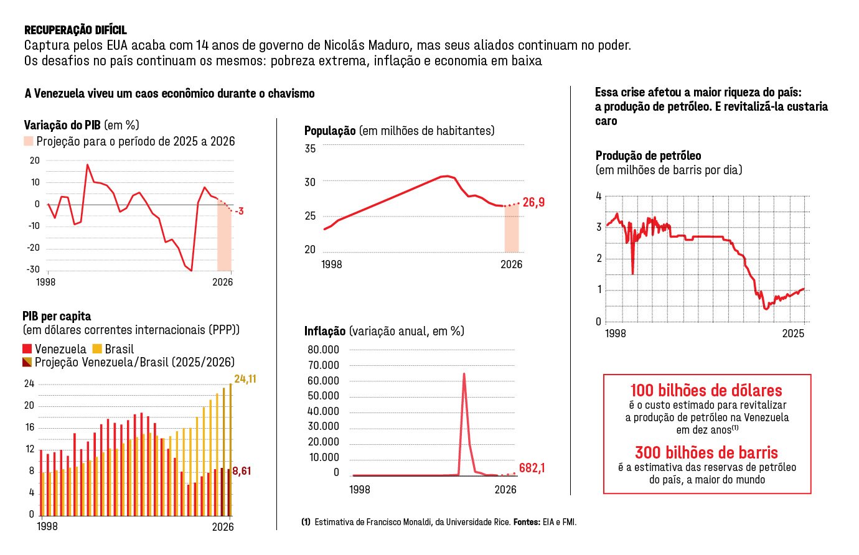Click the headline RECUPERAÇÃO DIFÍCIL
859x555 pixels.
(x=75, y=30)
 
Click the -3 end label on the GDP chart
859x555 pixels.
(x=239, y=212)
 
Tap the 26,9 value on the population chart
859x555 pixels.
(x=533, y=202)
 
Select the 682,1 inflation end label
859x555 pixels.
(x=532, y=468)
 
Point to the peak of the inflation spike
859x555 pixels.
(x=464, y=374)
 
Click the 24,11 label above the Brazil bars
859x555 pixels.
(x=245, y=379)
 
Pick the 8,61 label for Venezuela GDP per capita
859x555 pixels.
(x=242, y=471)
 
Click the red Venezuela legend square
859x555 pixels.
(x=27, y=349)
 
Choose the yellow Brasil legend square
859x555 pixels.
(x=97, y=349)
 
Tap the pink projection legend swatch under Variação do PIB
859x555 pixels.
(x=29, y=141)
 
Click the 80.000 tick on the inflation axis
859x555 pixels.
(x=323, y=350)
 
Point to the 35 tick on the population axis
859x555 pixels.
(x=310, y=149)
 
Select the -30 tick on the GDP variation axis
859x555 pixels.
(x=34, y=269)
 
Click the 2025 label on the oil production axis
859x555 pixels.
(x=793, y=333)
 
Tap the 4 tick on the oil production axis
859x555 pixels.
(x=599, y=196)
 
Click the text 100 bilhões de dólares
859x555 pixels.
(x=706, y=391)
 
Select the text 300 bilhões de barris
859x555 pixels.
(x=706, y=452)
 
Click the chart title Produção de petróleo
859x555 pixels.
(x=648, y=156)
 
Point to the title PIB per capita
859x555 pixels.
(x=57, y=316)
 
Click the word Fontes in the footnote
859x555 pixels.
(x=527, y=522)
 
